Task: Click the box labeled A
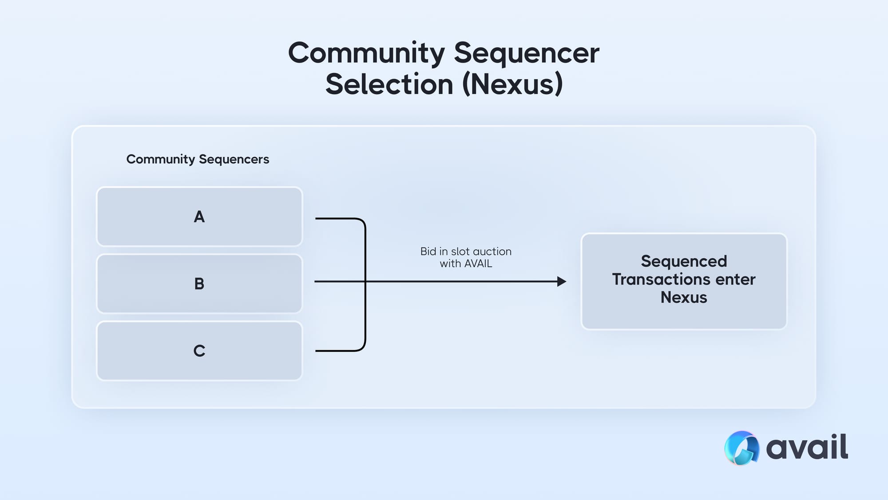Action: [199, 216]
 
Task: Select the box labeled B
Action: [199, 284]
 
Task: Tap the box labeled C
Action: [199, 351]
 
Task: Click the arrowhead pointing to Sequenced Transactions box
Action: [562, 281]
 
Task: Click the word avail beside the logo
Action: [807, 447]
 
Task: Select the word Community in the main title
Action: [366, 53]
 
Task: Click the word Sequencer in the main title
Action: [527, 53]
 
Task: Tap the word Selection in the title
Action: [389, 84]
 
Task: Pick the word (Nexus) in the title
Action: [512, 84]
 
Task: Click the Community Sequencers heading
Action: [198, 159]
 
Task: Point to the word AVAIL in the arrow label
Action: [478, 264]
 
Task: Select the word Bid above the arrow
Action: [428, 252]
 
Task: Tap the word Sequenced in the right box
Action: [684, 261]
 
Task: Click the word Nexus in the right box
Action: [684, 297]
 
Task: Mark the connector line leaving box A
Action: [337, 219]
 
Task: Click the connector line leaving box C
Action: [337, 351]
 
